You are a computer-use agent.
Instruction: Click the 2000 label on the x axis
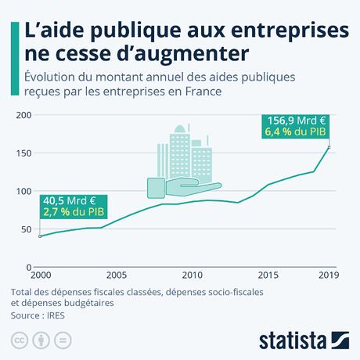(41, 275)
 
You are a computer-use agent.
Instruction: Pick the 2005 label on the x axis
(116, 275)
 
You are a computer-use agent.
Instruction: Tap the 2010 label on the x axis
(192, 275)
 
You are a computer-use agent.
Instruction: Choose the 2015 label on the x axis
(268, 275)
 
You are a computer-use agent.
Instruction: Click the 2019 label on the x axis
(329, 275)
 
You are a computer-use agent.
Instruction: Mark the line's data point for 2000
(40, 236)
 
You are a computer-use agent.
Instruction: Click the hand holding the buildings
(184, 186)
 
